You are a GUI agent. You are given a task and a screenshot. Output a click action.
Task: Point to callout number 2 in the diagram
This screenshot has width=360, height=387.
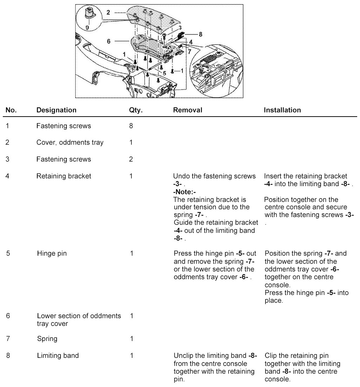(108, 12)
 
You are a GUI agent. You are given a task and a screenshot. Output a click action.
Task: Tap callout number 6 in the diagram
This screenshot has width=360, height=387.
(109, 41)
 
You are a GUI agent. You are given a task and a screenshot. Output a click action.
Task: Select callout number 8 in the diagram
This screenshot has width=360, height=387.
(200, 34)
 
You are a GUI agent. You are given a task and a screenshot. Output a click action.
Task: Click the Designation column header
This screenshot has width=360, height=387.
(56, 110)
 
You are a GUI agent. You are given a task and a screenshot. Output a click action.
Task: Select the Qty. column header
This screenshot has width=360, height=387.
(136, 110)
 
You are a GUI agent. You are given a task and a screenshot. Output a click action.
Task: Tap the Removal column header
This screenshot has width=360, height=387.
(188, 110)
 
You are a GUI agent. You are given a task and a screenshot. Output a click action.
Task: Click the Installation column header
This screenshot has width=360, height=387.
(282, 110)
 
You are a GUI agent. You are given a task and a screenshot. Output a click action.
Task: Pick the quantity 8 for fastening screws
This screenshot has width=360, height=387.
(131, 126)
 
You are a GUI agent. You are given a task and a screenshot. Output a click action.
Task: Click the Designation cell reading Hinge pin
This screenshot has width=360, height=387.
(52, 253)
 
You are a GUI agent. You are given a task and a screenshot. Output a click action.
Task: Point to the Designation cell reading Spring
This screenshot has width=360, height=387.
(47, 339)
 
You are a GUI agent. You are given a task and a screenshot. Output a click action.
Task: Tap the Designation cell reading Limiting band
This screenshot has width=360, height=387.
(58, 356)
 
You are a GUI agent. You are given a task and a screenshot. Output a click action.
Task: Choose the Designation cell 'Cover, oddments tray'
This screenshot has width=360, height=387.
(70, 143)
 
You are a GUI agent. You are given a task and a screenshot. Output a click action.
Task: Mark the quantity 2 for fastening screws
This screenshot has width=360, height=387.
(131, 159)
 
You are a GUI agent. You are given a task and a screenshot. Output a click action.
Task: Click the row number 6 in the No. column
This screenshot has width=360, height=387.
(8, 316)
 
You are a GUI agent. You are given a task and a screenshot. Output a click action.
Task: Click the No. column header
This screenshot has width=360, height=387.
(11, 110)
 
